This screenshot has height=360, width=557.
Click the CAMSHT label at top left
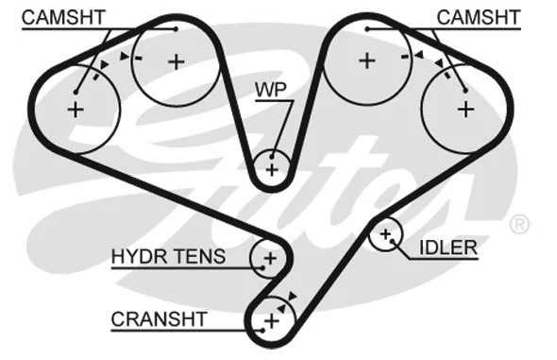[x=62, y=17]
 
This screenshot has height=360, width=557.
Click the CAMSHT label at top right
[x=477, y=17]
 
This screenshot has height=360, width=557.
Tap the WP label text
[x=270, y=90]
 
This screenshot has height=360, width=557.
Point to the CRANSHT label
[x=159, y=319]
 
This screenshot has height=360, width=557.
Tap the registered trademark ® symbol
[x=519, y=224]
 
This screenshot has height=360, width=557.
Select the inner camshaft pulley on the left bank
[x=177, y=62]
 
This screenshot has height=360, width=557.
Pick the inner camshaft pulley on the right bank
[x=366, y=61]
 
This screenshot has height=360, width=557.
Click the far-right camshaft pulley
[x=464, y=109]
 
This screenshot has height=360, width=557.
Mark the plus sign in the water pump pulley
[x=272, y=170]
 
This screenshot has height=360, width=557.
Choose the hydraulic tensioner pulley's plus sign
[x=269, y=257]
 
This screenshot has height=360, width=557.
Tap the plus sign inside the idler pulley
[x=385, y=233]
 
